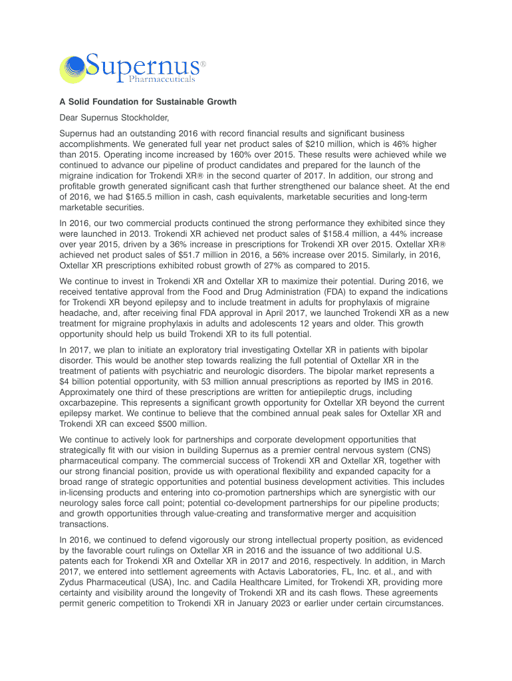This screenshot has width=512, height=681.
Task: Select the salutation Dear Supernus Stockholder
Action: click(111, 118)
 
